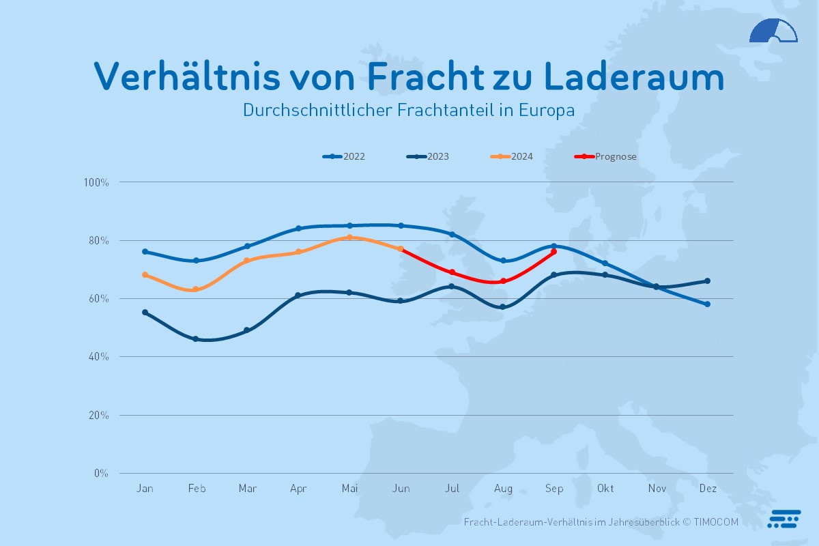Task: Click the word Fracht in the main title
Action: coord(424,76)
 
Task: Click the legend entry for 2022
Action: coord(345,156)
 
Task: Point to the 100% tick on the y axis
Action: coord(96,182)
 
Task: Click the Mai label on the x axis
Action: coord(349,489)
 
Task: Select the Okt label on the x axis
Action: coord(605,489)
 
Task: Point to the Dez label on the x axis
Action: coord(708,489)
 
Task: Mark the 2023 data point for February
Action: coord(196,339)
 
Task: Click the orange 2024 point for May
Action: coord(349,238)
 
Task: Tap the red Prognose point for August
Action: coord(503,281)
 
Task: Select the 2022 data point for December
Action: coord(708,304)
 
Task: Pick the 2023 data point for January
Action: coord(145,313)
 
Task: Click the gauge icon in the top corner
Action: coord(773,31)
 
